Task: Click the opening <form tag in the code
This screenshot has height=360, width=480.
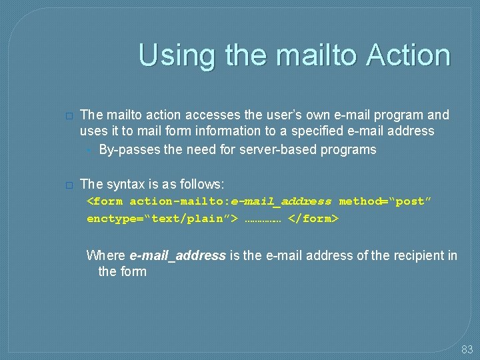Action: (x=105, y=201)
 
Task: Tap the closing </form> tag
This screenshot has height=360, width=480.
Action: (x=313, y=218)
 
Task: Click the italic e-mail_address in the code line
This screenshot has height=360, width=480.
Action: (x=281, y=201)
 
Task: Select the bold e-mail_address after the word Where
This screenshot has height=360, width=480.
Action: (x=177, y=255)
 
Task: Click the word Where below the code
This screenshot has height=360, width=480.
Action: (x=105, y=255)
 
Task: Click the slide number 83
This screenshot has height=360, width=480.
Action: (x=467, y=349)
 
